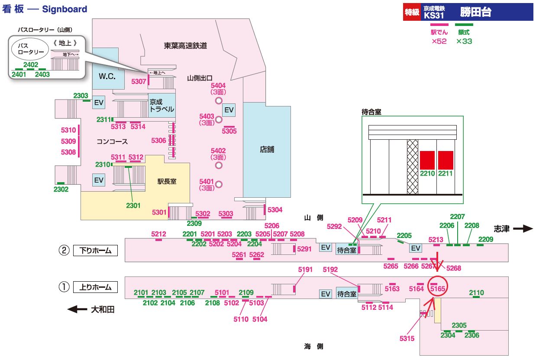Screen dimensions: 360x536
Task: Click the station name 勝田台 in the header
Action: (475, 13)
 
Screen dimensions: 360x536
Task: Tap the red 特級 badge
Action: (412, 13)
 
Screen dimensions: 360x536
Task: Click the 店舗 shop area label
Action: (267, 150)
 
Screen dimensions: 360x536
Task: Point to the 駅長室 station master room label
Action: (167, 182)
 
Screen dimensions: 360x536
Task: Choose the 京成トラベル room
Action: (162, 106)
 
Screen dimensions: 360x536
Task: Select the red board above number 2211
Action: (446, 160)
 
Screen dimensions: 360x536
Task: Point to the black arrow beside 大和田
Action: (78, 309)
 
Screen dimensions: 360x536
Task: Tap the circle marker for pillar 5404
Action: (219, 101)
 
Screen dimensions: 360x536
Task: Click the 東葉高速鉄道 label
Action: (185, 45)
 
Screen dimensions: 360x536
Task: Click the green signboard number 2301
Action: (133, 206)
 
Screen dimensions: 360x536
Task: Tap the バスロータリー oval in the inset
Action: (30, 48)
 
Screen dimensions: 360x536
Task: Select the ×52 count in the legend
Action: (439, 42)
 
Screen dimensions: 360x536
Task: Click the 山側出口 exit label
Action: (200, 78)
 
